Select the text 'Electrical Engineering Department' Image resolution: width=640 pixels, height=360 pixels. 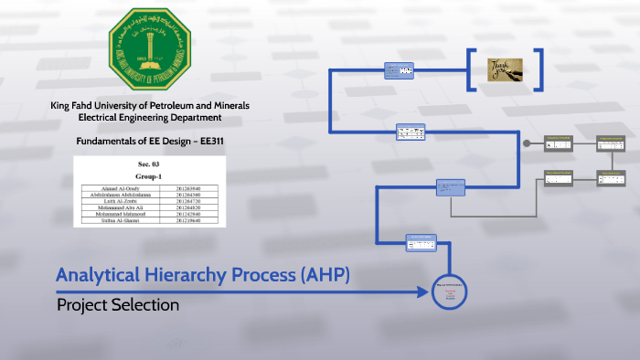150,118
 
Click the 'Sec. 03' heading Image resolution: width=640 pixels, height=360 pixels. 148,164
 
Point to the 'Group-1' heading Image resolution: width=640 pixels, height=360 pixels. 148,175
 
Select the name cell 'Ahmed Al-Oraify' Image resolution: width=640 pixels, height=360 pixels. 122,187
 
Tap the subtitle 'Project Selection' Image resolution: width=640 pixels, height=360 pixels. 118,305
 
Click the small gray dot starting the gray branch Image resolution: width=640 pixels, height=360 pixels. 526,143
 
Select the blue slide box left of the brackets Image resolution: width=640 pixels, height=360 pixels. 399,70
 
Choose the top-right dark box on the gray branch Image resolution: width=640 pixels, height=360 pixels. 612,143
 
